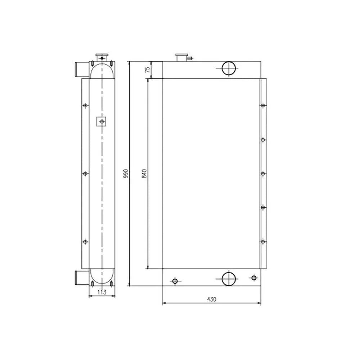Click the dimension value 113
pos(102,292)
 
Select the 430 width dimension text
pos(212,299)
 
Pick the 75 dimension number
pos(147,70)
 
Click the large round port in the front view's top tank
pos(229,69)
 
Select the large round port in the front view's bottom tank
pos(229,278)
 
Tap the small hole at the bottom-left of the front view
pos(175,281)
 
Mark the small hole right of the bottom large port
pos(254,278)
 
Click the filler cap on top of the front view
pos(181,57)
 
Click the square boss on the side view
pos(102,122)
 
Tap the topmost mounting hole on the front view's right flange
pos(263,105)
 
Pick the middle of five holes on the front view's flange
pos(263,174)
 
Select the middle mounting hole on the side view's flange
pos(85,174)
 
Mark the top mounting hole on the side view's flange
pos(85,105)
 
